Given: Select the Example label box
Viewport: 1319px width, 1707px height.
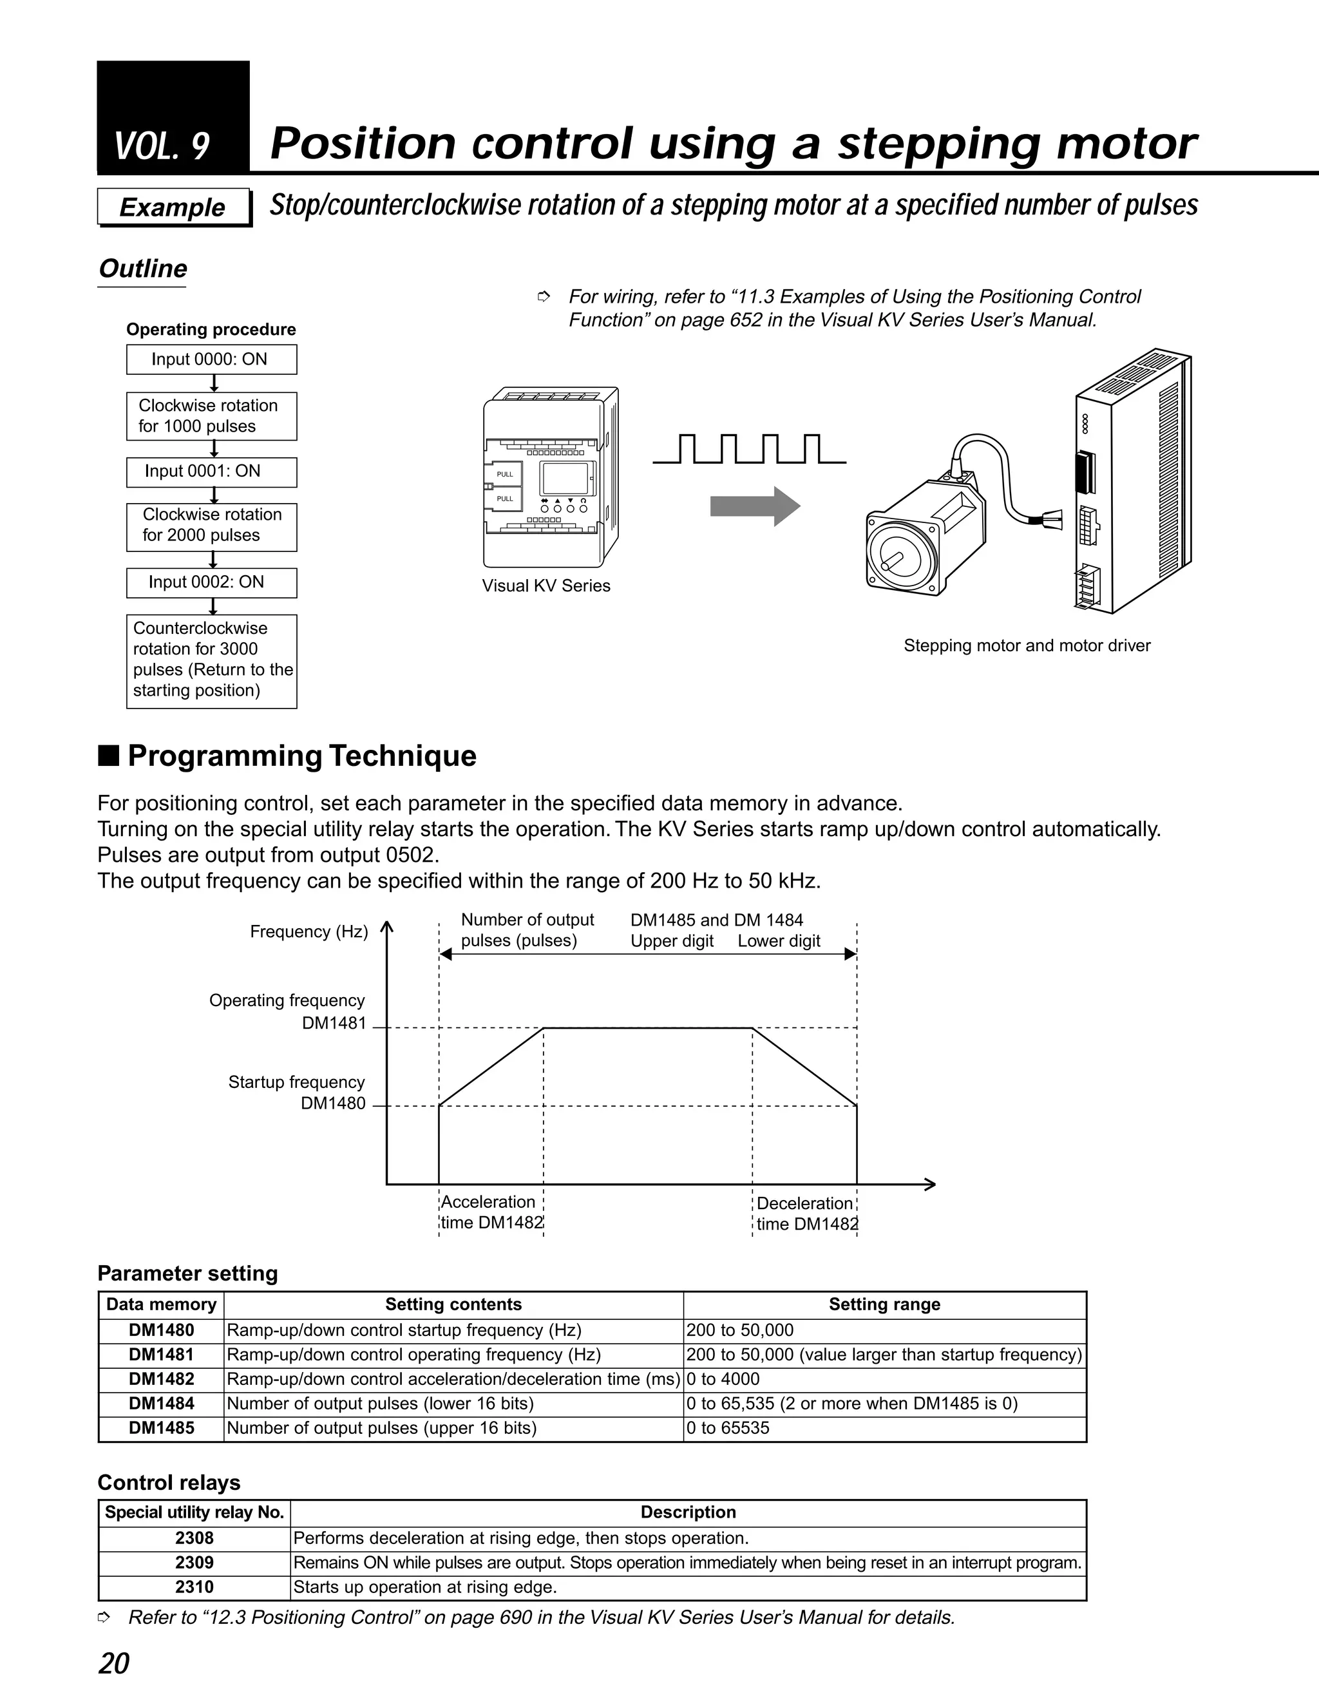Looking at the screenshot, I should pyautogui.click(x=173, y=207).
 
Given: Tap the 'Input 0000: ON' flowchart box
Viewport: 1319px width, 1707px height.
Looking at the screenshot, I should pyautogui.click(x=211, y=359).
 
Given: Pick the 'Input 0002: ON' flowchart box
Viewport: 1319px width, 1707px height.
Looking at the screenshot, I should pyautogui.click(x=211, y=582).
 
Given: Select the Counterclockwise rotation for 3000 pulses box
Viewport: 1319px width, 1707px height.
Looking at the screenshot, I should pyautogui.click(x=211, y=660).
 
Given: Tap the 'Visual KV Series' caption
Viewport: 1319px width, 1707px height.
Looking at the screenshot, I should pyautogui.click(x=546, y=586).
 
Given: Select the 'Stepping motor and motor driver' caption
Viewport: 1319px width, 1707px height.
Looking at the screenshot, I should pyautogui.click(x=1026, y=645).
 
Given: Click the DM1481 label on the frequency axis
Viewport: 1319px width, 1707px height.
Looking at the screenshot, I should pyautogui.click(x=334, y=1023).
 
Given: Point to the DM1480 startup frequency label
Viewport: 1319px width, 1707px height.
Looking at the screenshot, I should pyautogui.click(x=333, y=1103).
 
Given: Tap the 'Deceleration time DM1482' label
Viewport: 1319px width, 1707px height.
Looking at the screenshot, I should pyautogui.click(x=806, y=1214).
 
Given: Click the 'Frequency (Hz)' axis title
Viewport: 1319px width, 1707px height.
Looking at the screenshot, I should pyautogui.click(x=308, y=931).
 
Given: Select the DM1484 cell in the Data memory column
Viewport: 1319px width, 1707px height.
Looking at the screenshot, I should pyautogui.click(x=161, y=1403).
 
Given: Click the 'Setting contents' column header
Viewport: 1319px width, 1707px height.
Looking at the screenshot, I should pyautogui.click(x=453, y=1304).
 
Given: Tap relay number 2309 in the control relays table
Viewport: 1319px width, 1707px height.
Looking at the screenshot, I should pyautogui.click(x=194, y=1563).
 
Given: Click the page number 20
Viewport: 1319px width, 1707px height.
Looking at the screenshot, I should pyautogui.click(x=114, y=1663).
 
